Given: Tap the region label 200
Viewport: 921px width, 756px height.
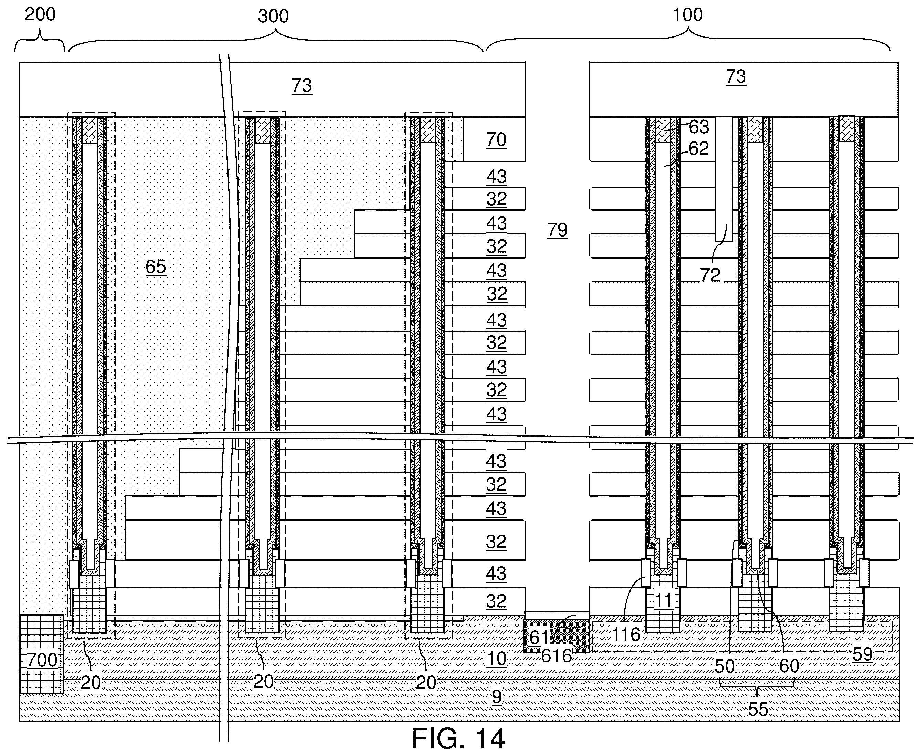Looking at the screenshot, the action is pyautogui.click(x=40, y=14).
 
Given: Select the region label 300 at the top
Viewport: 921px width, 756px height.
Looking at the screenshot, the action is pyautogui.click(x=273, y=16).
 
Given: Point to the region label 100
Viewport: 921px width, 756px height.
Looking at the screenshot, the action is pyautogui.click(x=688, y=15).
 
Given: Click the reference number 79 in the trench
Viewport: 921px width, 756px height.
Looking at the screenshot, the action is pyautogui.click(x=557, y=230).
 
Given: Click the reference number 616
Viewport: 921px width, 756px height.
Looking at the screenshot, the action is pyautogui.click(x=556, y=656).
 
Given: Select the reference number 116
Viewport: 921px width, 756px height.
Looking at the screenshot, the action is pyautogui.click(x=626, y=634).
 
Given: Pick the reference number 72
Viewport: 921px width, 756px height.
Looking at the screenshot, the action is pyautogui.click(x=710, y=275).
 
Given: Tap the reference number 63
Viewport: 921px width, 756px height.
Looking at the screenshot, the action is pyautogui.click(x=699, y=127).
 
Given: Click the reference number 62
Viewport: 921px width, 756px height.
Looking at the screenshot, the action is pyautogui.click(x=699, y=148).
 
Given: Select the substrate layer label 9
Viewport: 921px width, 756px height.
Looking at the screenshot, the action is pyautogui.click(x=497, y=697).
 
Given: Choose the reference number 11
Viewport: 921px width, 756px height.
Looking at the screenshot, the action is pyautogui.click(x=663, y=600).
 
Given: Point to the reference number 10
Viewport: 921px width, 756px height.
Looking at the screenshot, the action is pyautogui.click(x=496, y=659).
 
